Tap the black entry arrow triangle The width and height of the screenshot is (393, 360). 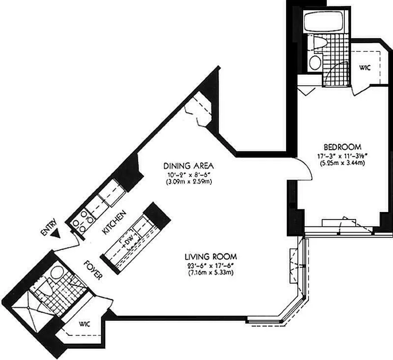tap(56, 234)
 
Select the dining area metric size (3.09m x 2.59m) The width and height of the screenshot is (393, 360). tap(188, 181)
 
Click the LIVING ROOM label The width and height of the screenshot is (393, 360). tap(211, 257)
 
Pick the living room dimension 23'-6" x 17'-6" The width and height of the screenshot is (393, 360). tap(211, 265)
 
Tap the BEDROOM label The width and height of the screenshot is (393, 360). tap(343, 147)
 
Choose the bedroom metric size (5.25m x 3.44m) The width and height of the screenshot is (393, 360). tap(343, 163)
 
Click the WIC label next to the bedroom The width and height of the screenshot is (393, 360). tap(364, 67)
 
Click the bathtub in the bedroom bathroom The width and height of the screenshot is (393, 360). tap(320, 22)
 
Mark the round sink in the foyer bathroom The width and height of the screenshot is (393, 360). tap(57, 272)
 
